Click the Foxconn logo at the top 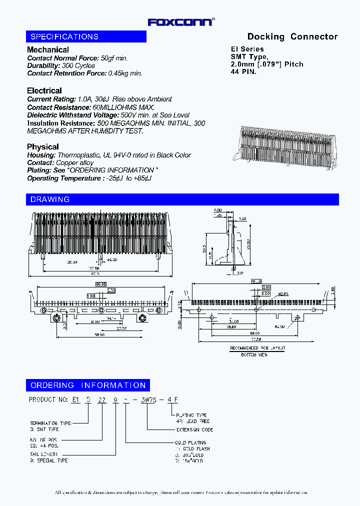(181, 22)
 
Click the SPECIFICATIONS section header (64, 36)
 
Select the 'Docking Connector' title (292, 36)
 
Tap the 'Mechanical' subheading (48, 49)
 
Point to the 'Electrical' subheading (44, 90)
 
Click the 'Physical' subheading (43, 146)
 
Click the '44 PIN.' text (243, 71)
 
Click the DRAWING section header (50, 199)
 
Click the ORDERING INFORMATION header (88, 385)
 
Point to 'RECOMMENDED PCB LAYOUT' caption (257, 348)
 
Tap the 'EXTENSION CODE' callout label (195, 429)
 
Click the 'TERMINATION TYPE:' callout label (50, 422)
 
